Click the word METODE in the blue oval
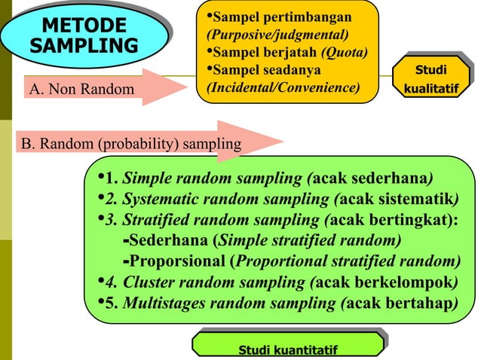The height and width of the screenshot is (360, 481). [x=84, y=25]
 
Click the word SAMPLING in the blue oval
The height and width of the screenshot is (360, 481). [x=84, y=44]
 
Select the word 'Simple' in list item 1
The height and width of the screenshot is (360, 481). [x=144, y=179]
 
